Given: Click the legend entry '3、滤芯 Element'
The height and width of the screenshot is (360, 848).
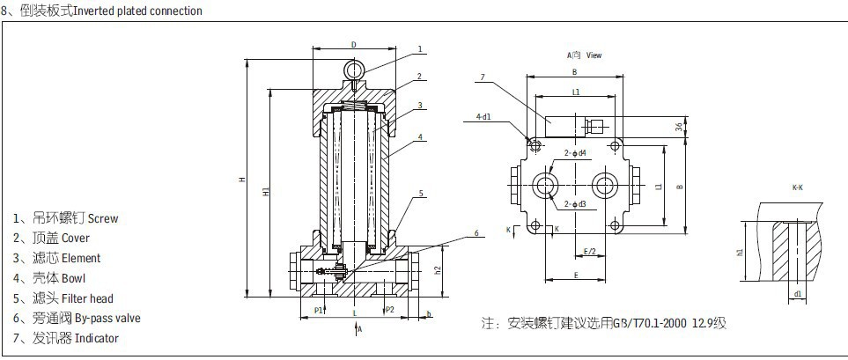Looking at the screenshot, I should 56,258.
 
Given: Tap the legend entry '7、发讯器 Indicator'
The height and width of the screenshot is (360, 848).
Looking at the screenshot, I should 65,338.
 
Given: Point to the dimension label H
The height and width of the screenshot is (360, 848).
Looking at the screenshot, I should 240,180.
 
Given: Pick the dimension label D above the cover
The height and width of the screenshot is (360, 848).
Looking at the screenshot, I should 353,43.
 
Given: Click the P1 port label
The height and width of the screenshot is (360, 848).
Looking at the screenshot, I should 319,310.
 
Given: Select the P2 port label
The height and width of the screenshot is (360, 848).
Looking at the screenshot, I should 388,310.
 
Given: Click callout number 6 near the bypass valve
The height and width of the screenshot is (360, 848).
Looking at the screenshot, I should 476,233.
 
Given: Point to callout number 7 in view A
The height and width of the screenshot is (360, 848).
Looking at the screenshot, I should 483,77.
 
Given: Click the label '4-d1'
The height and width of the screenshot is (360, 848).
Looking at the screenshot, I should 483,115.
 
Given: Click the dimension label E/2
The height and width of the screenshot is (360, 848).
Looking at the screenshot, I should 590,253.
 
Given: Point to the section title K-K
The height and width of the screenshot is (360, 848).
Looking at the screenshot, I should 798,187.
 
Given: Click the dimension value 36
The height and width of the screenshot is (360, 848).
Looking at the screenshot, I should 678,127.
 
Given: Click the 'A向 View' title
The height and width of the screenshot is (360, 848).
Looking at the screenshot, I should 585,55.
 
